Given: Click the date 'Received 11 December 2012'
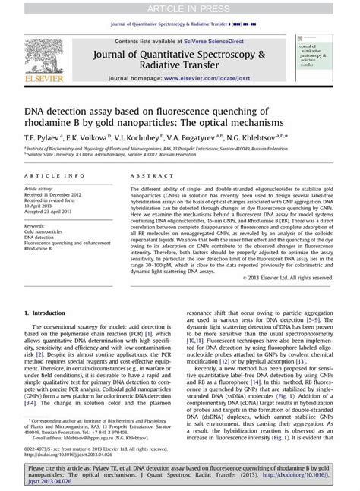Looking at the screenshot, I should pos(54,193).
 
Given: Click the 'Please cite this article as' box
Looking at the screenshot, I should pos(179,477).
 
